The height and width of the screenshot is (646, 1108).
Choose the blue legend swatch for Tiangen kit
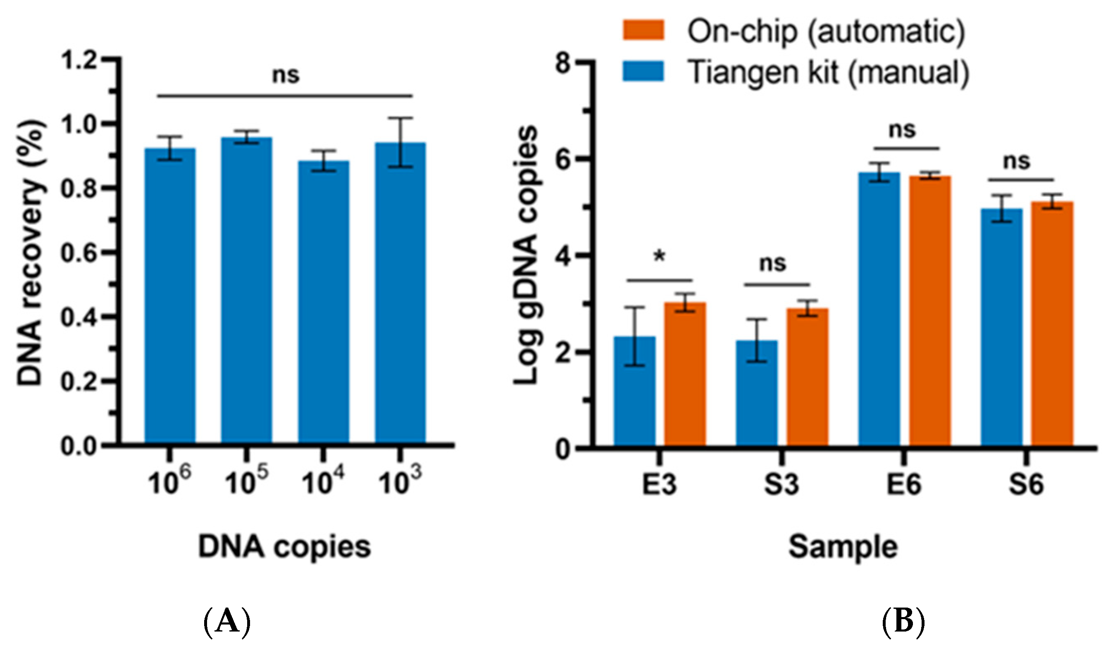643,71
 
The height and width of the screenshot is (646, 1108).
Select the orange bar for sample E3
684,374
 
